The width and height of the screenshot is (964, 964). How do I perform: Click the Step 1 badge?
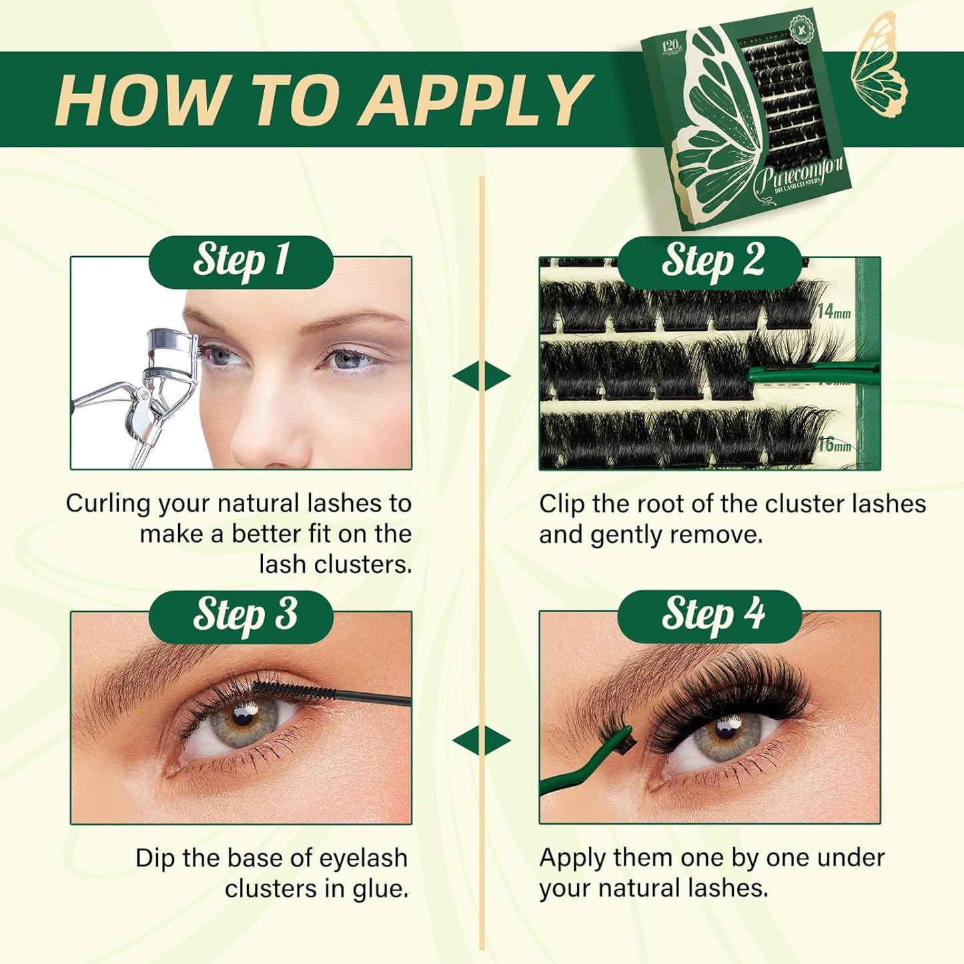(x=241, y=261)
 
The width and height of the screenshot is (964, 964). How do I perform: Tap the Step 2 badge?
(x=710, y=261)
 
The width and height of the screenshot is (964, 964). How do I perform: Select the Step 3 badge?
(x=241, y=615)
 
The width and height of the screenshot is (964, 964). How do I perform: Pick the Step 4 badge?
(x=710, y=615)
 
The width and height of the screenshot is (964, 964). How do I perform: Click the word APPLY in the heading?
(x=476, y=100)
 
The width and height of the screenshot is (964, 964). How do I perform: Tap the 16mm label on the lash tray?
(x=834, y=444)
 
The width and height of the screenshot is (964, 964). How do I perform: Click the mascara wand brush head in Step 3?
(x=294, y=690)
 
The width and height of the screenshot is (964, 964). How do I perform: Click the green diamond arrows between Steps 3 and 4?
(x=482, y=741)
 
